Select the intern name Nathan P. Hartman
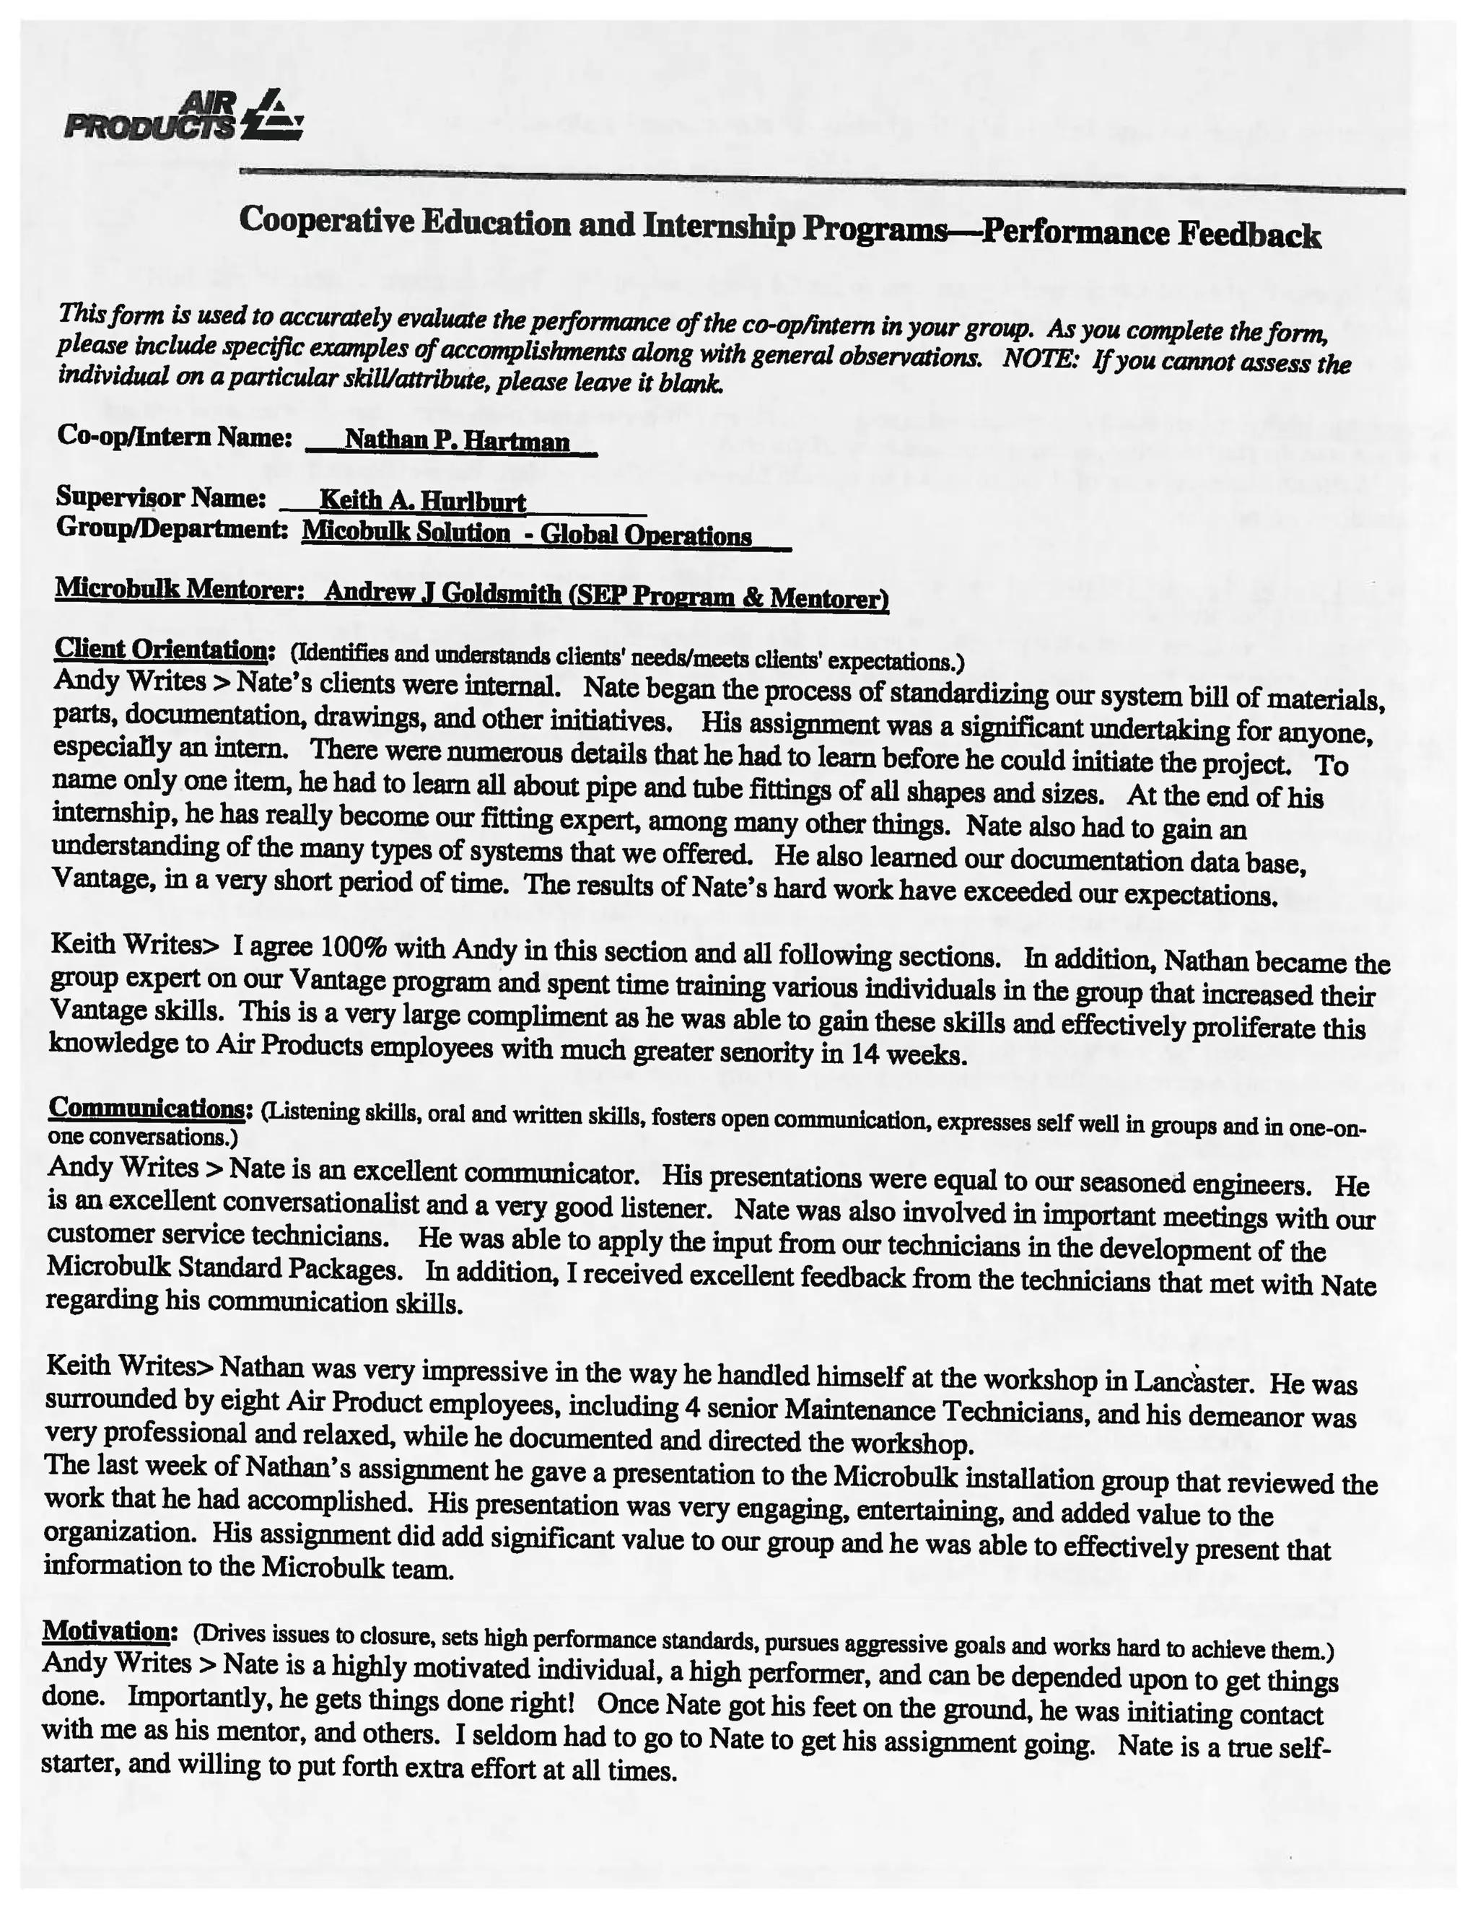(456, 439)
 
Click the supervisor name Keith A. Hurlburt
(422, 500)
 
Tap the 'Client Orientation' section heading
(160, 650)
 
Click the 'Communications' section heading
(146, 1107)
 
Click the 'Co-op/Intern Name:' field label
(174, 435)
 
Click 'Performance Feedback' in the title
(1150, 235)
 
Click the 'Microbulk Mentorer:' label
(179, 589)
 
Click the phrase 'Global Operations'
(646, 535)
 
